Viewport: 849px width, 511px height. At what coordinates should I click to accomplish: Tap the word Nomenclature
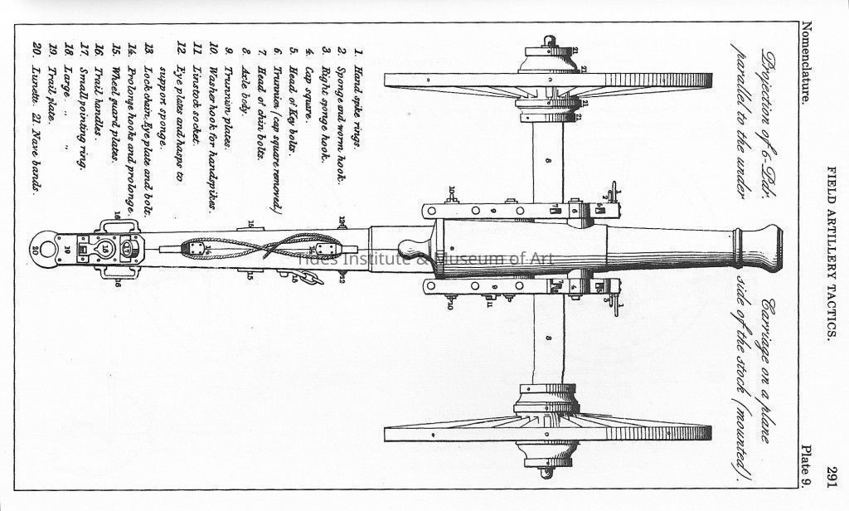click(803, 63)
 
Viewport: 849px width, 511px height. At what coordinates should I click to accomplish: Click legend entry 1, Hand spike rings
click(356, 100)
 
